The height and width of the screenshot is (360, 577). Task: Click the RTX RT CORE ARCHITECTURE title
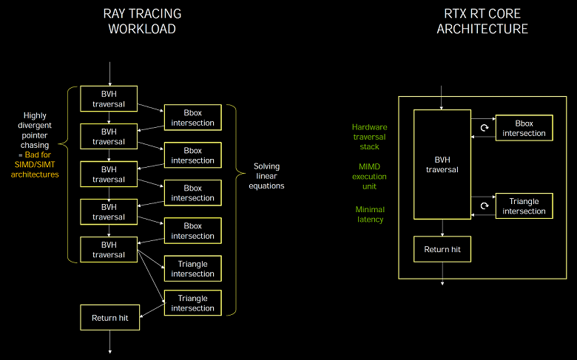pyautogui.click(x=482, y=21)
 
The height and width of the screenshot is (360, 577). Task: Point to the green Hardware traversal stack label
pyautogui.click(x=369, y=137)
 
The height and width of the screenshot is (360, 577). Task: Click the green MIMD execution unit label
pyautogui.click(x=369, y=177)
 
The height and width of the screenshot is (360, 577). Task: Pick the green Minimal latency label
pyautogui.click(x=369, y=214)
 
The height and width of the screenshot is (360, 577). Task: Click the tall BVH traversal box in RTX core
pyautogui.click(x=442, y=164)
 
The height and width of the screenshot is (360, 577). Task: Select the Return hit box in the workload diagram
pyautogui.click(x=109, y=318)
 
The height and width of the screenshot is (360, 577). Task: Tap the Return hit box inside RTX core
pyautogui.click(x=442, y=250)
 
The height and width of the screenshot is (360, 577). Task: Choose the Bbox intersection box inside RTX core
pyautogui.click(x=524, y=129)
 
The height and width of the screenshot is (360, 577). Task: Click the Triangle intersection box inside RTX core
pyautogui.click(x=524, y=206)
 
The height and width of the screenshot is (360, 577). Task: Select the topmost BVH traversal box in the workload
pyautogui.click(x=109, y=98)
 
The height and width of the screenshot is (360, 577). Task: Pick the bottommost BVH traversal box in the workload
pyautogui.click(x=109, y=250)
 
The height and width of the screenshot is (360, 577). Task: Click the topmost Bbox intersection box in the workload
pyautogui.click(x=192, y=118)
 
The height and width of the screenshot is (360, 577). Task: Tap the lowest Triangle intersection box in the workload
pyautogui.click(x=192, y=303)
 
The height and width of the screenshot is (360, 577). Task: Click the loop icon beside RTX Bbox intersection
pyautogui.click(x=484, y=128)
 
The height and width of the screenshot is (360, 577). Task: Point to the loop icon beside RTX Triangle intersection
pyautogui.click(x=484, y=206)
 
